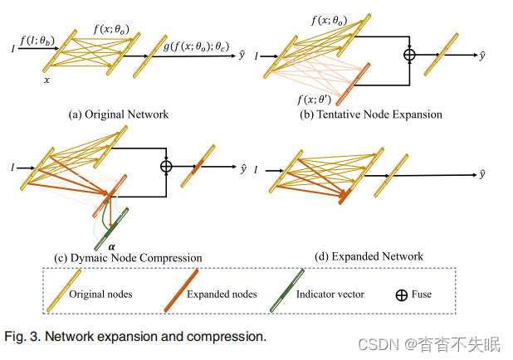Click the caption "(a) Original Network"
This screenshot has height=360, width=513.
pos(118,114)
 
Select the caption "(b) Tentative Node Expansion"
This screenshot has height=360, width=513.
pos(371,114)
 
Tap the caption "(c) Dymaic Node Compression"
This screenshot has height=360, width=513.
pos(128,257)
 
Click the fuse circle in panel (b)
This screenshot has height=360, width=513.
pos(408,56)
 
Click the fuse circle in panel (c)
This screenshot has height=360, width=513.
pos(167,166)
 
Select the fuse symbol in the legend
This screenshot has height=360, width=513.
pos(402,294)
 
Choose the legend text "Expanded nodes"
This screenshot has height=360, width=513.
pos(222,294)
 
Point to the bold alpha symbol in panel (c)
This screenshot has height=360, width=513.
pos(111,246)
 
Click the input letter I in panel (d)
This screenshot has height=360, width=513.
pos(256,169)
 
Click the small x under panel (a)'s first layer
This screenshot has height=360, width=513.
pos(46,80)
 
